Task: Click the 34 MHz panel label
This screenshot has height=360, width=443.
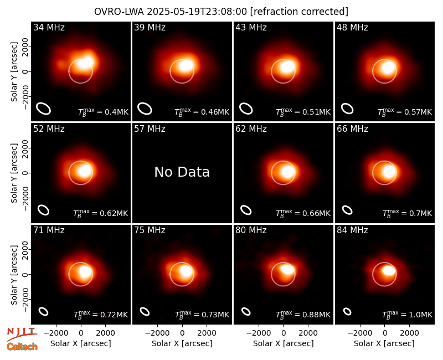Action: (49, 27)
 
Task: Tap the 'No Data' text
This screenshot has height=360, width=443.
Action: (182, 172)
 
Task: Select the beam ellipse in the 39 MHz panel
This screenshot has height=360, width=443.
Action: (145, 109)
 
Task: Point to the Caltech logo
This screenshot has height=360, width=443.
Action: (22, 347)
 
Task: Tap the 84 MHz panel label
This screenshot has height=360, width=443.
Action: (352, 230)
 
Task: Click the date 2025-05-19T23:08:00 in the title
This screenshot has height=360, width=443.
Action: (197, 12)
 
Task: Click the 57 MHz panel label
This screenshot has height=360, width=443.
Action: (150, 129)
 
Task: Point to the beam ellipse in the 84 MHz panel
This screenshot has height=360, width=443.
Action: (347, 311)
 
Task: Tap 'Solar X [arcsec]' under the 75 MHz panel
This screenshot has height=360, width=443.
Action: (182, 343)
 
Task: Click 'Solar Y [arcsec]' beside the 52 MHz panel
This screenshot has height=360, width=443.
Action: (14, 173)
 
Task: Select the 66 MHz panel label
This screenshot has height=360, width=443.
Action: (352, 129)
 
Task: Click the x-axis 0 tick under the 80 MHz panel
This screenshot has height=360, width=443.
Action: (283, 333)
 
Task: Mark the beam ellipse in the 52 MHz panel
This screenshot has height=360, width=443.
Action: (44, 210)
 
